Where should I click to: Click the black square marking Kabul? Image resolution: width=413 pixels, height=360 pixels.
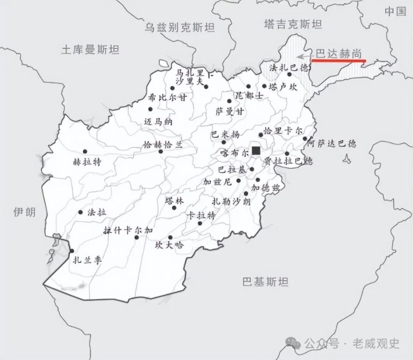pyautogui.click(x=256, y=150)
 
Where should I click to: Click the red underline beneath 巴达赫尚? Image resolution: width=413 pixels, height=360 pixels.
pyautogui.click(x=338, y=61)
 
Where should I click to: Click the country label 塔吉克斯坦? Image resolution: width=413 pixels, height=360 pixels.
pyautogui.click(x=293, y=24)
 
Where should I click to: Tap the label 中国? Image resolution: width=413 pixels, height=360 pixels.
pyautogui.click(x=395, y=11)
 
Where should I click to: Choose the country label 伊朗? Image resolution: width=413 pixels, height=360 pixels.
pyautogui.click(x=25, y=211)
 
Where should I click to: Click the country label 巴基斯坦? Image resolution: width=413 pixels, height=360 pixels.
pyautogui.click(x=265, y=282)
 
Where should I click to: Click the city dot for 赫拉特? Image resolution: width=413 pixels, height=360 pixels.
pyautogui.click(x=85, y=151)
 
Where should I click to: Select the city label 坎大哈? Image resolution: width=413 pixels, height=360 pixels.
pyautogui.click(x=169, y=245)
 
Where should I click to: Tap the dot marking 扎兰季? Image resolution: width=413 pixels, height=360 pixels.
pyautogui.click(x=71, y=251)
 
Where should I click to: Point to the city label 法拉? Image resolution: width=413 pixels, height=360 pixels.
pyautogui.click(x=96, y=212)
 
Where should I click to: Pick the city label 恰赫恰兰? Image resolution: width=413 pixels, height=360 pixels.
pyautogui.click(x=163, y=145)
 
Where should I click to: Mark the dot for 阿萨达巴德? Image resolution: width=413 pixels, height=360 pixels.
pyautogui.click(x=305, y=139)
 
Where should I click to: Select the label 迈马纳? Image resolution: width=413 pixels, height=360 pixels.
pyautogui.click(x=158, y=122)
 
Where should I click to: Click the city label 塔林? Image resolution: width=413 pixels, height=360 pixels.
pyautogui.click(x=174, y=201)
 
